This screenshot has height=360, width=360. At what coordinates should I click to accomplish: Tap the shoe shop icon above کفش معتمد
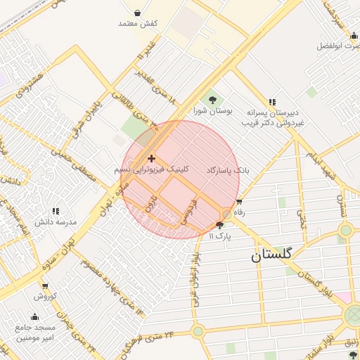137,13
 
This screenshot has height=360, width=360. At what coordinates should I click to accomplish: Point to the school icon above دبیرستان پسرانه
272,101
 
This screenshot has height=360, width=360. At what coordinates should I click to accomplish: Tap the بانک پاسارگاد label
228,171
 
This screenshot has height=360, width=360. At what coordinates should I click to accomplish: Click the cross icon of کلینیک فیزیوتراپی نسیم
152,159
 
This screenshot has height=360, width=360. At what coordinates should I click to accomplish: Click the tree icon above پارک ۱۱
220,226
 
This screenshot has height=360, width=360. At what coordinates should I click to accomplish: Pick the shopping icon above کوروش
45,286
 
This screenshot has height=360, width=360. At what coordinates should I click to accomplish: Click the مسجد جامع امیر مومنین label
34,333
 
